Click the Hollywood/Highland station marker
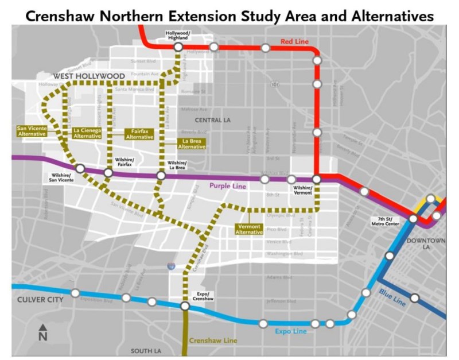click(x=178, y=47)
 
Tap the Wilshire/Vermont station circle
click(x=316, y=180)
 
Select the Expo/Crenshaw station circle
click(x=185, y=307)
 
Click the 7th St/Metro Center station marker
click(x=413, y=218)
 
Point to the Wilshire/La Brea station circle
click(x=161, y=175)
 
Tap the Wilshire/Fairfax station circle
click(x=108, y=173)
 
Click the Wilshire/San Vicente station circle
click(x=81, y=168)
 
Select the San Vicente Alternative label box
click(x=32, y=131)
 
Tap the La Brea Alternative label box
click(x=192, y=144)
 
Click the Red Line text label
click(x=294, y=41)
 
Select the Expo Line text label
click(x=287, y=331)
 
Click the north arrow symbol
click(x=42, y=332)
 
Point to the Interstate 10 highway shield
click(x=171, y=266)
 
